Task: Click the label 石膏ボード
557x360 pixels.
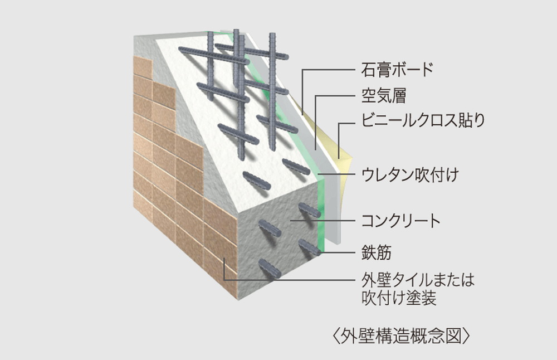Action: [397, 71]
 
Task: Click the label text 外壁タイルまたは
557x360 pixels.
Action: [417, 279]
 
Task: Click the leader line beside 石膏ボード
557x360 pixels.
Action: [329, 71]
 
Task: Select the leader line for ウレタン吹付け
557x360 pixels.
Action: [340, 176]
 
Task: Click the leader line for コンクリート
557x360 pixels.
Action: [329, 221]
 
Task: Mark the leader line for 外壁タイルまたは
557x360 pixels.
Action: [290, 279]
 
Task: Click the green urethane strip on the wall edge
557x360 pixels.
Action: [320, 212]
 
